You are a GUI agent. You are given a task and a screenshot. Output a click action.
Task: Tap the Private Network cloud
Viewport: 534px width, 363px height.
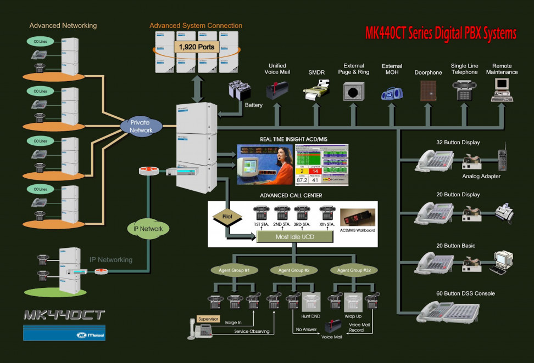141,126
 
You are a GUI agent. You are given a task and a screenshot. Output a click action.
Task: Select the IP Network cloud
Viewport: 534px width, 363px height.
148,229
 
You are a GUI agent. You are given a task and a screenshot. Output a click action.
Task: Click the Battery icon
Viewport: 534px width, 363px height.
241,90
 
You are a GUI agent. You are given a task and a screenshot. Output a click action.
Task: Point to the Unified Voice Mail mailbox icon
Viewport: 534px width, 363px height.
277,89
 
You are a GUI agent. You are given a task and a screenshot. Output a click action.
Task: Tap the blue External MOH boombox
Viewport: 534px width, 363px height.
392,92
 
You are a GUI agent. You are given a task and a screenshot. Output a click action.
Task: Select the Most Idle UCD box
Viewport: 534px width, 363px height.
295,236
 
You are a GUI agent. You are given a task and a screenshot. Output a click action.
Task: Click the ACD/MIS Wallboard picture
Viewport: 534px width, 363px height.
357,218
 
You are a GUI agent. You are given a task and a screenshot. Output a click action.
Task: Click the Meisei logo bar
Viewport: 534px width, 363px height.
57,333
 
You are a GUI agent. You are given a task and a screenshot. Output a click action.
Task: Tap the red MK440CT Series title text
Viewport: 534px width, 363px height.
441,33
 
